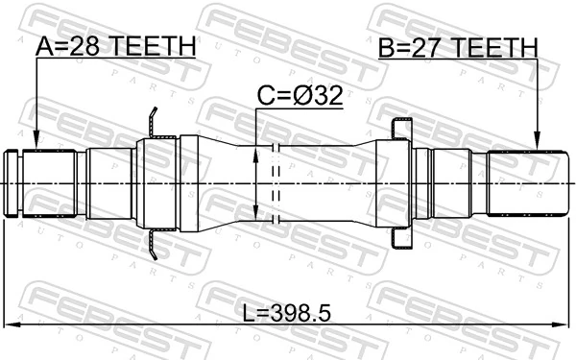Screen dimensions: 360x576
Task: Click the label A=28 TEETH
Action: tap(116, 46)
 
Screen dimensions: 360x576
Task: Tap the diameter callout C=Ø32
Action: tap(300, 95)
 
